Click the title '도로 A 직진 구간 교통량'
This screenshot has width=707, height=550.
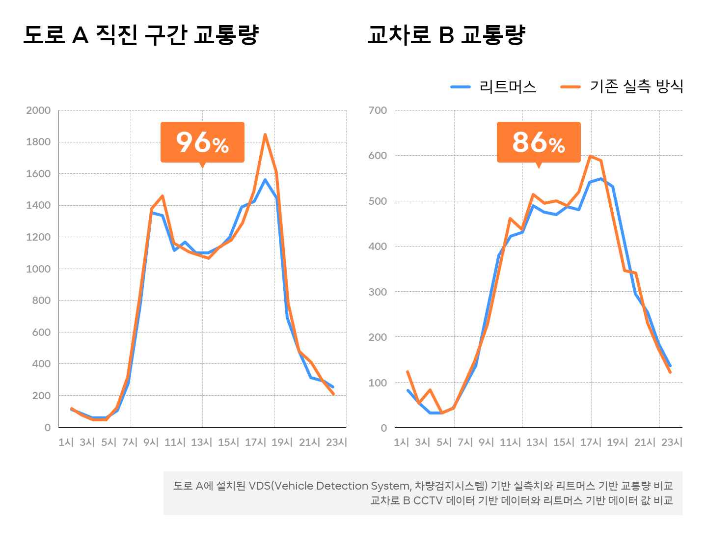(x=140, y=35)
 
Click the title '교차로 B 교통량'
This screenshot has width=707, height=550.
(x=446, y=35)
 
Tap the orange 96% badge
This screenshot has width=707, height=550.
(x=202, y=142)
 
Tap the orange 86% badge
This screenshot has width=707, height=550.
(x=539, y=142)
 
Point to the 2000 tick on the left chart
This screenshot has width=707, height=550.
(x=38, y=110)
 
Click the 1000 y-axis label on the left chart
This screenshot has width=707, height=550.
(x=38, y=269)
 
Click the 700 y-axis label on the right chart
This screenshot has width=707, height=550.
(x=378, y=110)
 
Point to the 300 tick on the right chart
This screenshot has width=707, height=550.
(x=378, y=292)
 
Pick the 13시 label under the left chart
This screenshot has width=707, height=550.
(x=202, y=442)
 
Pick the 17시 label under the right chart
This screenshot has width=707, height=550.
(x=591, y=442)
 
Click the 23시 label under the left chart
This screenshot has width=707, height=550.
(x=336, y=442)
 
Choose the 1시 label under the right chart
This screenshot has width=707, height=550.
(x=401, y=442)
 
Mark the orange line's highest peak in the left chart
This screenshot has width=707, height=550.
(x=265, y=135)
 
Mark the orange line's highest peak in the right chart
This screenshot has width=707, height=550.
(x=590, y=156)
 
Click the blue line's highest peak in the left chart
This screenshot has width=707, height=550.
(x=265, y=180)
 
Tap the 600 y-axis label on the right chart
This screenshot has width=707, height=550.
(x=378, y=156)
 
